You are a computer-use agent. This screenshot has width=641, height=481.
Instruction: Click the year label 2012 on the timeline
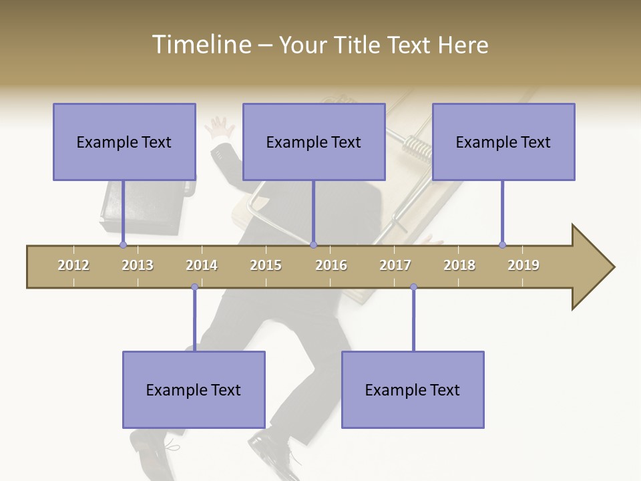73,265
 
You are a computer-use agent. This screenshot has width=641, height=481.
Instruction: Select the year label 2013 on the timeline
138,265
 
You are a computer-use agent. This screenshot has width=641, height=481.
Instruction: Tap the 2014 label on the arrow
202,265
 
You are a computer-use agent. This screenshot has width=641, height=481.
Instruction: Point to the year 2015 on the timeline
266,265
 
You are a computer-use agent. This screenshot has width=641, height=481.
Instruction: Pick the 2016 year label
331,265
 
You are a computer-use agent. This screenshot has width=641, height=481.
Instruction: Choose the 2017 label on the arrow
395,265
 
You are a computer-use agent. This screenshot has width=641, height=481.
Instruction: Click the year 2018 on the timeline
459,265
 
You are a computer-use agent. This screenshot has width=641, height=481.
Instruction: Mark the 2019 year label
523,265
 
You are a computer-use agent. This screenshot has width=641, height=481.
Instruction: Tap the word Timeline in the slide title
200,45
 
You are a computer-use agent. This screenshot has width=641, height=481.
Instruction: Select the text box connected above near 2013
124,142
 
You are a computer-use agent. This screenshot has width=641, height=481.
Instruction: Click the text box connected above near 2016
314,142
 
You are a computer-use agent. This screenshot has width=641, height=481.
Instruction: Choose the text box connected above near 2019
503,142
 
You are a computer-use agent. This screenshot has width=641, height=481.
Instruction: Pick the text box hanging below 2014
194,389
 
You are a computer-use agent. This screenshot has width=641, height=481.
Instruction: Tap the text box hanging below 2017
413,389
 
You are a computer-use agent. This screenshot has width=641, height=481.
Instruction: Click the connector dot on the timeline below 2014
194,287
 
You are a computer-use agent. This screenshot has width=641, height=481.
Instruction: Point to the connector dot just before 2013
123,245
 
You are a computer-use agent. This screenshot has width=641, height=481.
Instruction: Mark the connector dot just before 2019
502,245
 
